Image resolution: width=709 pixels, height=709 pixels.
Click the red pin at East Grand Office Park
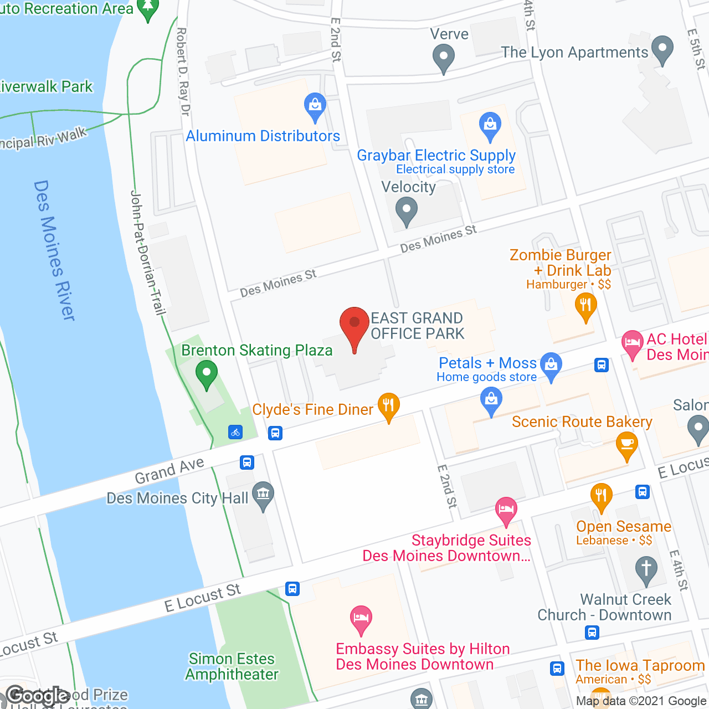(x=354, y=327)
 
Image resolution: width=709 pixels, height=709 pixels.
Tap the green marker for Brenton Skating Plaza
(x=207, y=374)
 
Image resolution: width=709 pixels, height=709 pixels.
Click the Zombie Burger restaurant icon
(x=585, y=306)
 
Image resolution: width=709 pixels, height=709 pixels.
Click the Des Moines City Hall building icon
(x=263, y=494)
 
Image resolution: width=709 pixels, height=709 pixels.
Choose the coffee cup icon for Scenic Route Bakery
(x=626, y=445)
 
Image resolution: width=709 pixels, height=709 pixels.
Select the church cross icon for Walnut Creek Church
(x=646, y=570)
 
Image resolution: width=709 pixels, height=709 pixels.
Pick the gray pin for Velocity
(x=407, y=212)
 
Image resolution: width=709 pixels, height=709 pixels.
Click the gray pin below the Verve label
(x=443, y=58)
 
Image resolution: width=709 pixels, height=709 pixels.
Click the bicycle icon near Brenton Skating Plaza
(x=235, y=432)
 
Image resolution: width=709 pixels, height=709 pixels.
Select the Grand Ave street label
(x=169, y=470)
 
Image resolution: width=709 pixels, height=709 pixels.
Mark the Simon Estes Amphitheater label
(x=232, y=666)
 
